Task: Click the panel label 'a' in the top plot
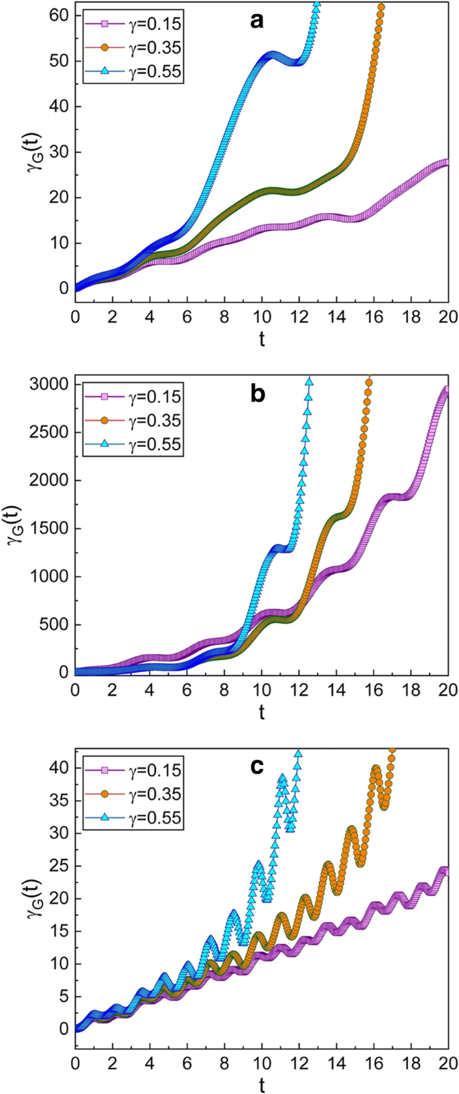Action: coord(257,21)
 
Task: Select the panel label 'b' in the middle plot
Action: coord(257,394)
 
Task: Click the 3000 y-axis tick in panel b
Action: coord(46,385)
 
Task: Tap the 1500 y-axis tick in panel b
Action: coord(46,529)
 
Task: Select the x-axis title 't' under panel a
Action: coord(261,339)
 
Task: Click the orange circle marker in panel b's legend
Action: coord(105,421)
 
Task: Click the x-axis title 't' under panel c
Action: coord(261,1085)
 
